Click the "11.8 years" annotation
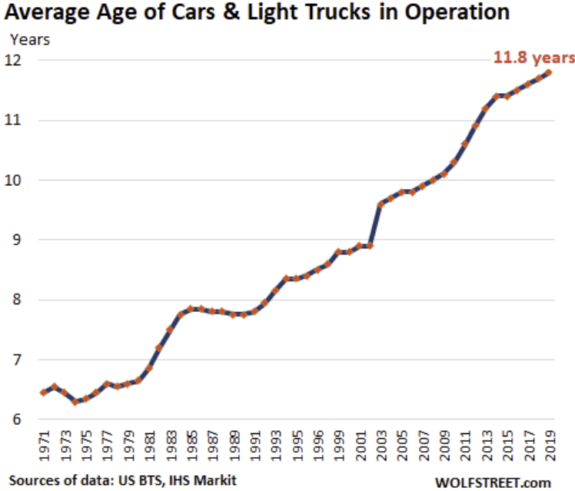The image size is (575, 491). coord(533,56)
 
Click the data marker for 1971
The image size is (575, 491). coord(44,392)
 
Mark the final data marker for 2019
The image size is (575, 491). coord(548,72)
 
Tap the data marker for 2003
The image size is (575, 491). coord(381,204)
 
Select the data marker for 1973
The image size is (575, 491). coord(65,392)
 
